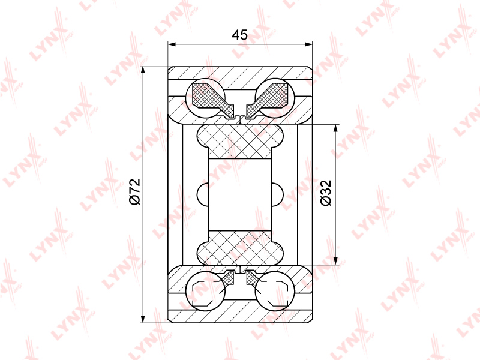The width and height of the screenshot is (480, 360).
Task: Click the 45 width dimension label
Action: click(239, 35)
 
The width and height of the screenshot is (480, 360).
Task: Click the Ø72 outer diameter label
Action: click(134, 191)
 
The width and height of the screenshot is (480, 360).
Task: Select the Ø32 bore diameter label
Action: click(326, 193)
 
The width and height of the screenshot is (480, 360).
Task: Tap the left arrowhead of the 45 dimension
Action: click(172, 44)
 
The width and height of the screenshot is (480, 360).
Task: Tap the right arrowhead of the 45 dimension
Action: click(308, 44)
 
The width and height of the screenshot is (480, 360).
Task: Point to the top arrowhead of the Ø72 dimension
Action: click(143, 70)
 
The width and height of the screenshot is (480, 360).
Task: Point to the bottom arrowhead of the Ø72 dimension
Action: click(143, 319)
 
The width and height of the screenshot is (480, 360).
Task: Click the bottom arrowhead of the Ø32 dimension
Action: click(336, 260)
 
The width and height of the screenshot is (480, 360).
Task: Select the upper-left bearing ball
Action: click(206, 98)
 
